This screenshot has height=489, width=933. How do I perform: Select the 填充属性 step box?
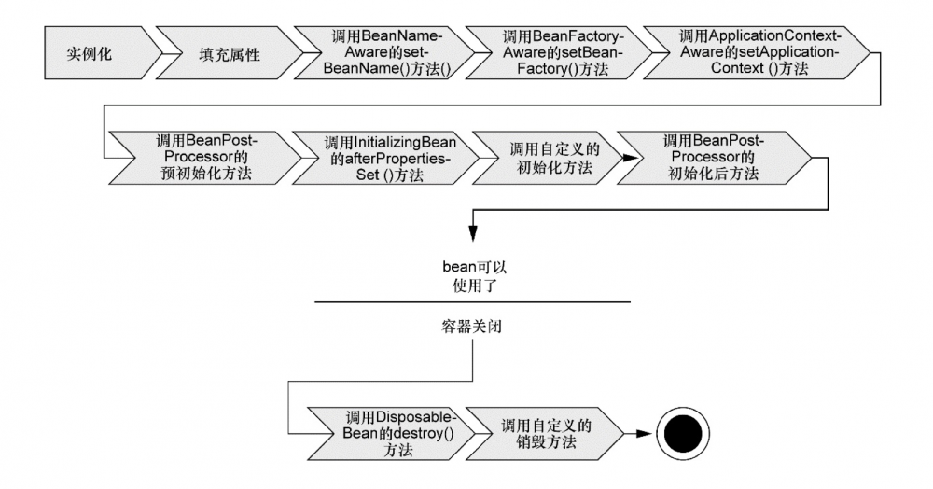click(230, 53)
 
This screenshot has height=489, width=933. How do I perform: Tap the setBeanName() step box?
click(386, 53)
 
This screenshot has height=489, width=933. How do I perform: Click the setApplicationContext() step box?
click(757, 53)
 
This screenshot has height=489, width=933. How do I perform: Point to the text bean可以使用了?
click(474, 276)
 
